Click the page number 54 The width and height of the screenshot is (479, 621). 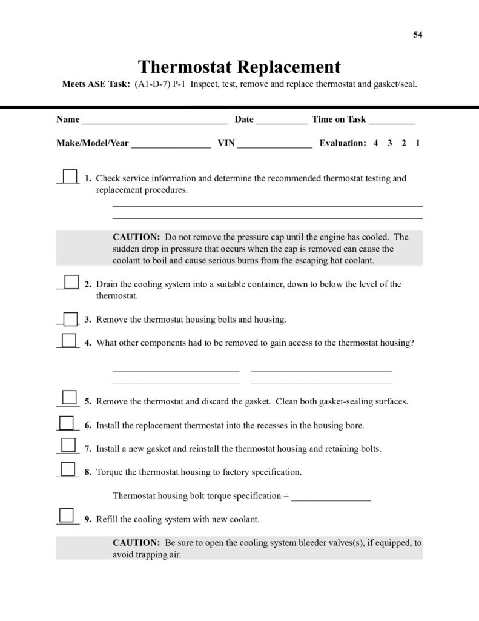(x=417, y=35)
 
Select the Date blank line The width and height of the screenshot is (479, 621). (x=282, y=122)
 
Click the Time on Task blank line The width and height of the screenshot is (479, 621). (x=392, y=122)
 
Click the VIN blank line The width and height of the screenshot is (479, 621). (x=275, y=146)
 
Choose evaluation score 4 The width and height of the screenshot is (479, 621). (x=375, y=144)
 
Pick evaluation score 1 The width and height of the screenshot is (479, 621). (x=418, y=144)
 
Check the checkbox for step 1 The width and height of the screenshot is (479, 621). (x=70, y=176)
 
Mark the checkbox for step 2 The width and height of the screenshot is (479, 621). (x=71, y=281)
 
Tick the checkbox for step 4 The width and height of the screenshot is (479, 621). (x=70, y=340)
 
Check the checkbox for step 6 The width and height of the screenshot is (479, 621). (x=65, y=423)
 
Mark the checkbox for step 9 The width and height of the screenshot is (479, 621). (x=65, y=516)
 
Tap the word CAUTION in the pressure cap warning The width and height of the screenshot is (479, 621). (x=136, y=237)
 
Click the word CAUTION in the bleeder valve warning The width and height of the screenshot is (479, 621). (x=136, y=543)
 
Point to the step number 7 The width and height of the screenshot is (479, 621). (x=88, y=449)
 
